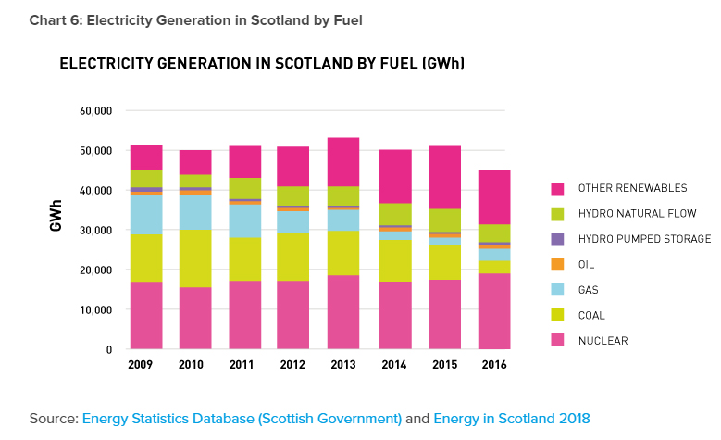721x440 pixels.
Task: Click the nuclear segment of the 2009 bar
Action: tap(146, 315)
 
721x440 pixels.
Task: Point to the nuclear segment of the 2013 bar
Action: tap(343, 312)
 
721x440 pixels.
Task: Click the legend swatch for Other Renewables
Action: tap(556, 188)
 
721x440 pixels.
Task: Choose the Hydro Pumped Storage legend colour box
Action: tap(556, 239)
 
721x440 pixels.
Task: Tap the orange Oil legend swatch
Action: tap(556, 265)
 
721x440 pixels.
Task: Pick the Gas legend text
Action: tap(588, 290)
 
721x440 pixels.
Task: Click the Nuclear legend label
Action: tap(603, 341)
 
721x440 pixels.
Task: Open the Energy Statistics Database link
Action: tap(242, 419)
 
